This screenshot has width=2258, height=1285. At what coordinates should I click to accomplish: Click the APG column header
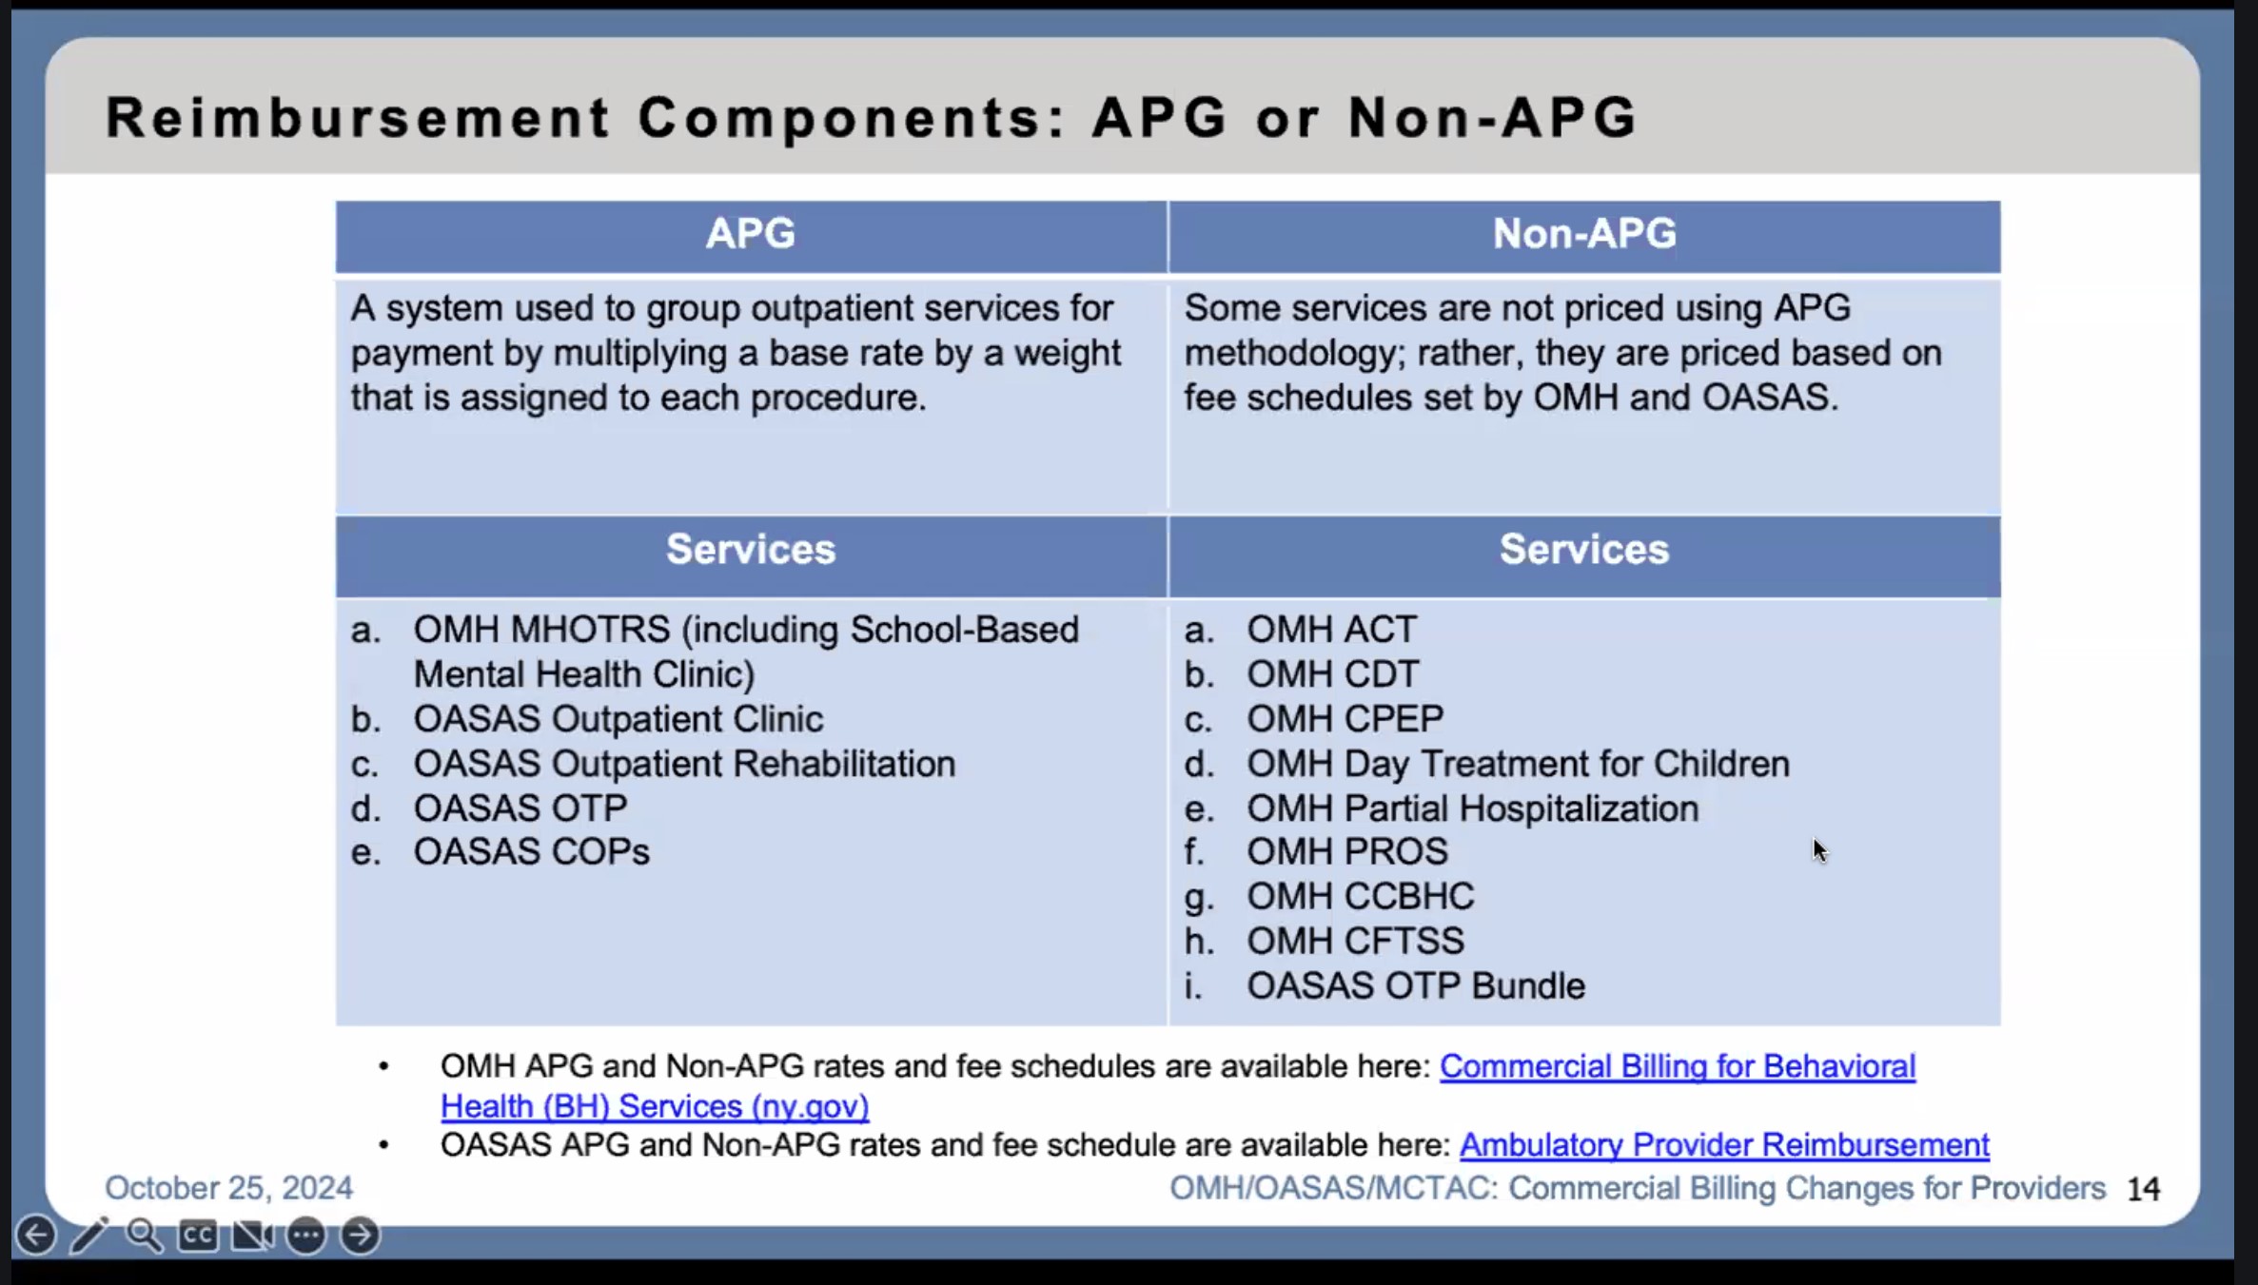[x=751, y=234]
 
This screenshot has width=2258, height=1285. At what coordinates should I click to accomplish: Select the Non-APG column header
[x=1584, y=234]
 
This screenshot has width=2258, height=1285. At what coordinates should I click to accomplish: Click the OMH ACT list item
[x=1332, y=630]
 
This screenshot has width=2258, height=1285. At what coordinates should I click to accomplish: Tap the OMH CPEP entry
[x=1345, y=719]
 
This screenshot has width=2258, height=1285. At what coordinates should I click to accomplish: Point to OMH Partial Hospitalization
[x=1473, y=808]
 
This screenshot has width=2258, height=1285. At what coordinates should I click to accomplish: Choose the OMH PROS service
[x=1347, y=852]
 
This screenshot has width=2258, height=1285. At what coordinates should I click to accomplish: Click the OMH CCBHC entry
[x=1361, y=897]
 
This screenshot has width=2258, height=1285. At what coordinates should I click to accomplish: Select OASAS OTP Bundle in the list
[x=1416, y=986]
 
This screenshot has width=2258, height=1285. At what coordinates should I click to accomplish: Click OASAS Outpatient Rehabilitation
[x=684, y=764]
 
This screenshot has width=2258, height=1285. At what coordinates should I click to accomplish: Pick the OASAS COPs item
[x=532, y=852]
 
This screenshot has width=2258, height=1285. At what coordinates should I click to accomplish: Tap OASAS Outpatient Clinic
[x=618, y=719]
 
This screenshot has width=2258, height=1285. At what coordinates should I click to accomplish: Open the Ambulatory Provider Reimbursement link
[x=1724, y=1145]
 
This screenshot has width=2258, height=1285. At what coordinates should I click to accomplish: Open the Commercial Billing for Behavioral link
[x=1678, y=1067]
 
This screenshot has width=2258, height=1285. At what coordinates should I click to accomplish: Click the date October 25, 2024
[x=228, y=1188]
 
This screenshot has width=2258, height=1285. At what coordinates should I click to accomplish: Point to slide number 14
[x=2143, y=1189]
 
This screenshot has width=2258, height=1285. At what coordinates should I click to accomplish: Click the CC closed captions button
[x=198, y=1236]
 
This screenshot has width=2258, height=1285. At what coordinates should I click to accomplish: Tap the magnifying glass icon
[x=145, y=1236]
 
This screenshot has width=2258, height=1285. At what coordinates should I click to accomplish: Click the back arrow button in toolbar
[x=36, y=1236]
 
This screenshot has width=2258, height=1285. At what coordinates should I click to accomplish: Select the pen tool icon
[x=90, y=1236]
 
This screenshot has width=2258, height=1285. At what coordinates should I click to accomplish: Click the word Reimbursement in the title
[x=358, y=118]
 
